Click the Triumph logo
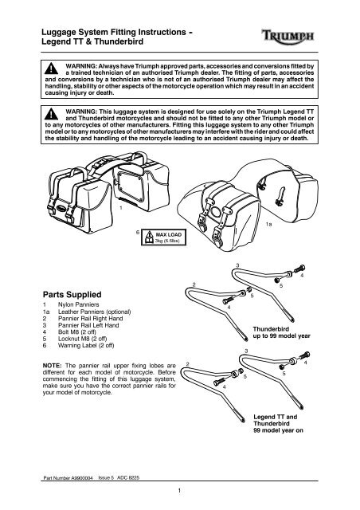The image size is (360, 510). coord(288,35)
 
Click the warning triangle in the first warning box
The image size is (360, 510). coord(51,69)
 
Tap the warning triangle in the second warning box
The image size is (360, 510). coord(51,114)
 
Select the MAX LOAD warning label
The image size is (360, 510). coord(163,237)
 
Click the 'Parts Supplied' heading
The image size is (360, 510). coord(72,294)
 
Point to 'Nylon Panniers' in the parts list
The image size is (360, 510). coord(78,304)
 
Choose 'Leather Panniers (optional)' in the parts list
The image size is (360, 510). coord(94,312)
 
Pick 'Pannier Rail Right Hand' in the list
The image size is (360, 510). coord(91,319)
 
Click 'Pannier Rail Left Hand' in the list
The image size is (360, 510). coord(88,325)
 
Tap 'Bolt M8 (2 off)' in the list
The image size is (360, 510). coord(77,332)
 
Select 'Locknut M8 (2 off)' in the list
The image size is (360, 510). coord(82,339)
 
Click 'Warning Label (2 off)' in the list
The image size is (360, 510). coord(86,345)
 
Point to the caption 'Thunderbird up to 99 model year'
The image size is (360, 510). coord(282,332)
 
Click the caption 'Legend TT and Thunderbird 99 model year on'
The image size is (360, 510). coord(279,423)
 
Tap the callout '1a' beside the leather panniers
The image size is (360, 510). coord(268,225)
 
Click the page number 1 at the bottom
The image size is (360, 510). coord(179,491)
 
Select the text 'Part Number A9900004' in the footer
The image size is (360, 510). coord(68,478)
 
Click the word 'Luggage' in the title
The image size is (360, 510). coord(57,33)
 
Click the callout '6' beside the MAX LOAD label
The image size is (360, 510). coord(138,232)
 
